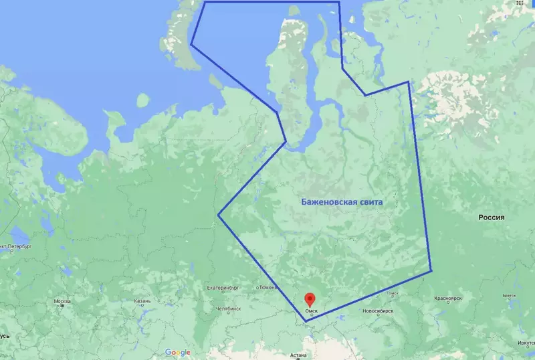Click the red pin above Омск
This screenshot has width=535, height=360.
310,300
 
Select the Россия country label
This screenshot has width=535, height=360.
495,218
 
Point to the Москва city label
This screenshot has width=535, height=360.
62,301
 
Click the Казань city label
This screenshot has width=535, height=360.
142,301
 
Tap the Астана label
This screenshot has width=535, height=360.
298,355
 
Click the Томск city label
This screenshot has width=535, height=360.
392,294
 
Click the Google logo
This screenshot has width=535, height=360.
177,353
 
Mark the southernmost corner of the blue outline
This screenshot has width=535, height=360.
306,321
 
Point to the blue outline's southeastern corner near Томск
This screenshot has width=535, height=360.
431,271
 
